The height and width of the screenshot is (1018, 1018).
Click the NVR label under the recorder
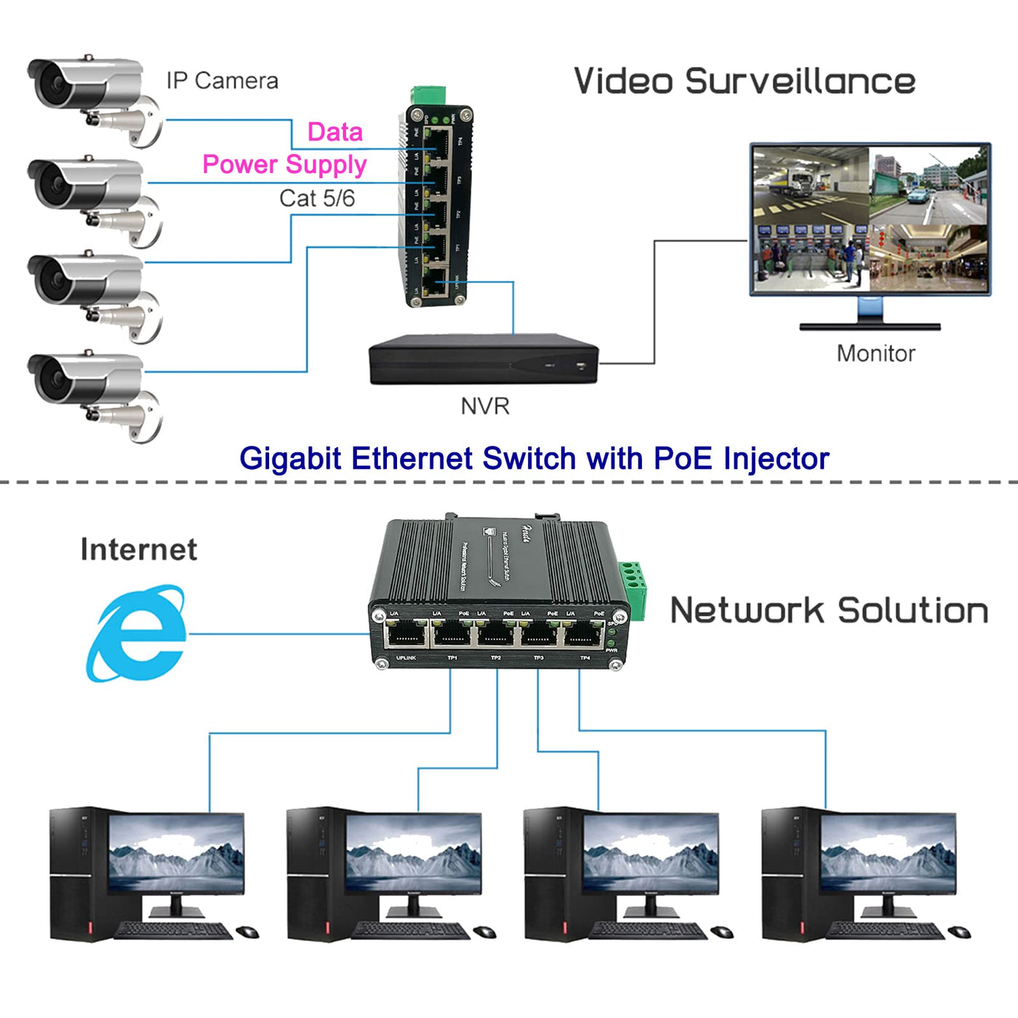pyautogui.click(x=485, y=406)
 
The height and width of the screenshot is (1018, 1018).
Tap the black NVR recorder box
pyautogui.click(x=483, y=360)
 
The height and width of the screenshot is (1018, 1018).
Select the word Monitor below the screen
pyautogui.click(x=875, y=353)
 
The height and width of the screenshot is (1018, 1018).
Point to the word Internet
pyautogui.click(x=139, y=550)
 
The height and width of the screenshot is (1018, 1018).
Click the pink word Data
pyautogui.click(x=334, y=132)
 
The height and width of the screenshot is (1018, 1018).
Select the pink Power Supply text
pyautogui.click(x=284, y=164)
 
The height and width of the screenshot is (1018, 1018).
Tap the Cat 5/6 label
pyautogui.click(x=317, y=198)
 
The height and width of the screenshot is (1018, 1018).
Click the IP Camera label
pyautogui.click(x=222, y=81)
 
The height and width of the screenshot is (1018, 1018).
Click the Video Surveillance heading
pyautogui.click(x=744, y=81)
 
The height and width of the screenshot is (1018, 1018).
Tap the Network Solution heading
pyautogui.click(x=829, y=610)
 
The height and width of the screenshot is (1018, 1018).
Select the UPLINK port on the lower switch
pyautogui.click(x=406, y=635)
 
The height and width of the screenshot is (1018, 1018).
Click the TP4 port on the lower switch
pyautogui.click(x=583, y=635)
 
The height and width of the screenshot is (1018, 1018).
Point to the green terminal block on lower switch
pyautogui.click(x=633, y=589)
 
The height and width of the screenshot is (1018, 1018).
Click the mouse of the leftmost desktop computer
pyautogui.click(x=247, y=932)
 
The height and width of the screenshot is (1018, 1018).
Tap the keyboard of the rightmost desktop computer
pyautogui.click(x=886, y=930)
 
